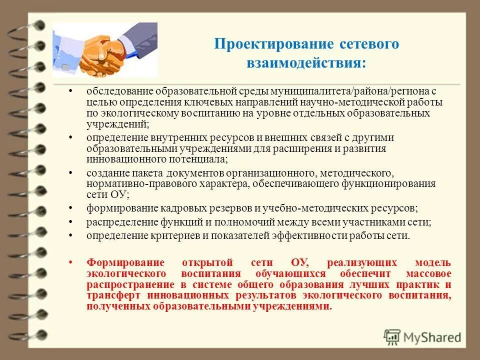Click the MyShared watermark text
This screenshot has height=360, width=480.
pos(432,336)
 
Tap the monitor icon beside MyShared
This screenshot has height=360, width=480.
pos(392,336)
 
